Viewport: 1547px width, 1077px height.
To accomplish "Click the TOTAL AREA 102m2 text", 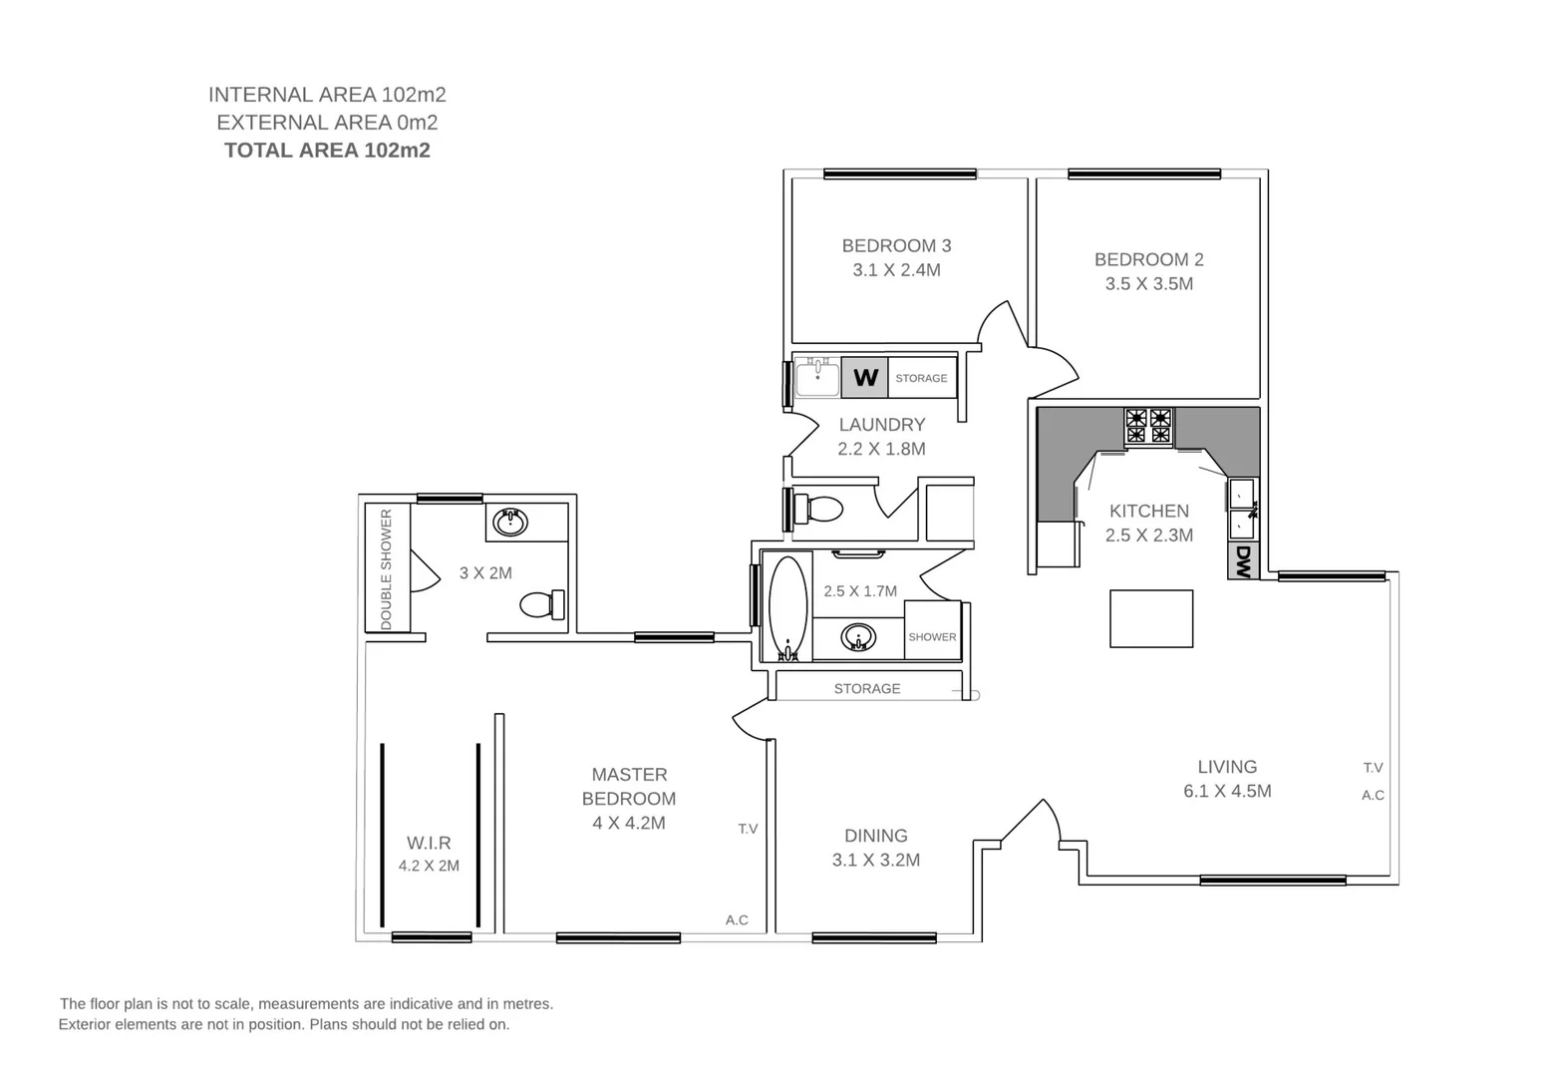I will pos(327,151).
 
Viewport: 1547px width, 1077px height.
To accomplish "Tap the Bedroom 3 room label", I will pos(896,245).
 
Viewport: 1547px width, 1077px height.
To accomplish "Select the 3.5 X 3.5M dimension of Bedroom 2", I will pos(1148,284).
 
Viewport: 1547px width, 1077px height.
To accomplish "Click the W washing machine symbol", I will pos(865,378).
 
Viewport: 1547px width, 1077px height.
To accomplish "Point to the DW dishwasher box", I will pos(1243,560).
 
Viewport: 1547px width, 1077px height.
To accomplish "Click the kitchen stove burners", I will pos(1148,426).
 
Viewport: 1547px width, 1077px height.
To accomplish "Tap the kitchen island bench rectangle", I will pos(1151,618).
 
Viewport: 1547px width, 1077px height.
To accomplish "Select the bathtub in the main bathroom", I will pos(787,608).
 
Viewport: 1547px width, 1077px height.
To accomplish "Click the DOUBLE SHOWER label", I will pos(387,569).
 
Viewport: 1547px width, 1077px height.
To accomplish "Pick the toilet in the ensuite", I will pos(541,604).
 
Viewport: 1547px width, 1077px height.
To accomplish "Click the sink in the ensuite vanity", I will pos(510,522).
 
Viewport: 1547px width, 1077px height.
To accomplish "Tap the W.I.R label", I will pos(429,843).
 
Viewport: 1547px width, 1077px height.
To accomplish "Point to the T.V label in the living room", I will pos(1373,768).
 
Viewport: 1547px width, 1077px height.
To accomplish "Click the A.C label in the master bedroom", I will pos(737,920).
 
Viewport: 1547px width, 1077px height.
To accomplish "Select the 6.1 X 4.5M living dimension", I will pos(1227,792).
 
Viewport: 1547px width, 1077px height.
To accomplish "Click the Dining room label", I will pos(875,836).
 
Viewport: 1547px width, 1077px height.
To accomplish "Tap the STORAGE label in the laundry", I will pos(921,378).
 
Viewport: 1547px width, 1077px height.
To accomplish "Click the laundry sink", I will pos(817,378).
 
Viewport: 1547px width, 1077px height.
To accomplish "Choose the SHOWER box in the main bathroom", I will pos(932,636).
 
